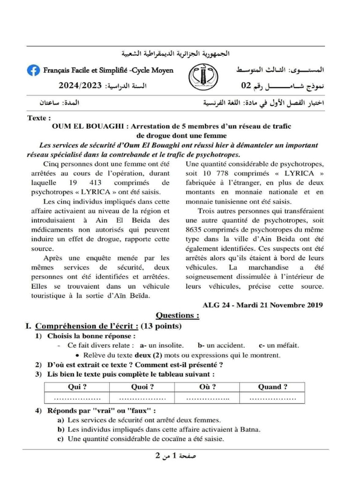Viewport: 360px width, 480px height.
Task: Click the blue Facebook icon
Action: point(33,70)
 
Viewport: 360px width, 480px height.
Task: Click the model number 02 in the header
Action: point(246,86)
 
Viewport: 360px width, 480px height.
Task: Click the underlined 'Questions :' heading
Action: point(177,315)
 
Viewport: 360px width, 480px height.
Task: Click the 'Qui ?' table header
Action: point(77,387)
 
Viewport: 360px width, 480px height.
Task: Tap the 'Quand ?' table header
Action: point(273,387)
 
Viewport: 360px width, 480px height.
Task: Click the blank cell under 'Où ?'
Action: point(207,398)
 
